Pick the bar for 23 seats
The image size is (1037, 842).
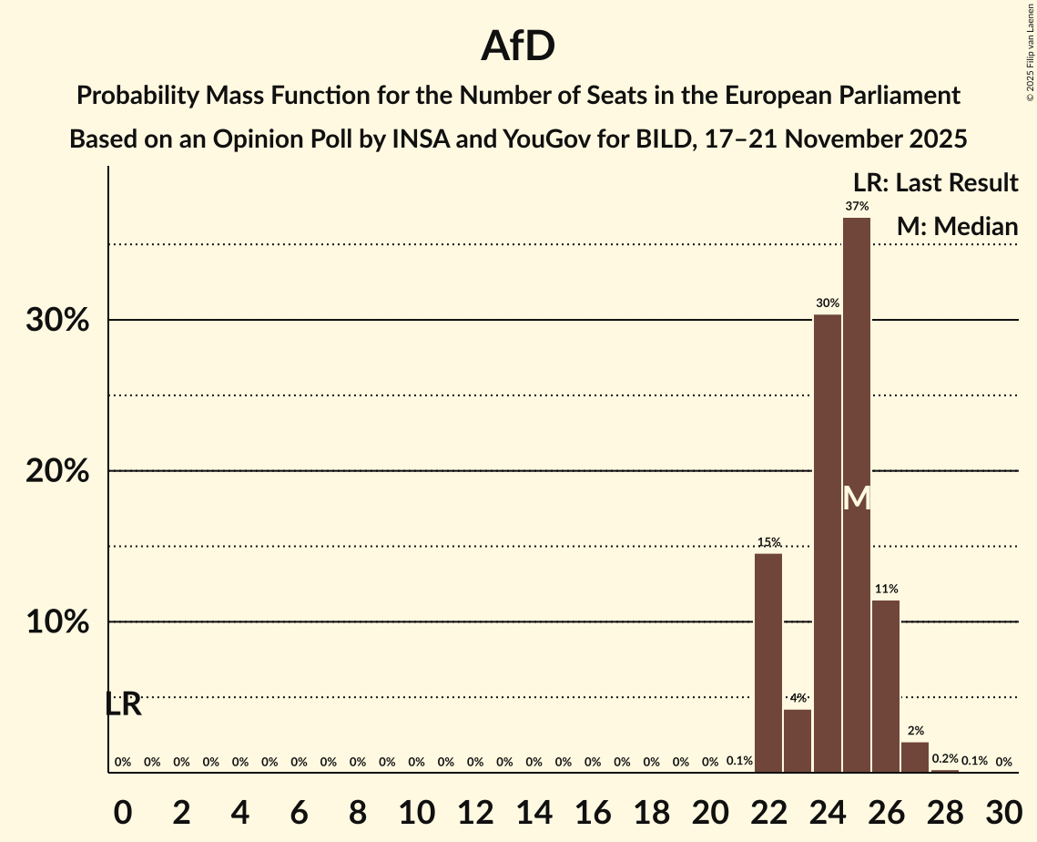[x=798, y=740]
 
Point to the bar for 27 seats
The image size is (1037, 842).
[x=915, y=756]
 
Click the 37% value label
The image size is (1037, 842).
[x=857, y=207]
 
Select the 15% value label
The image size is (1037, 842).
[x=768, y=542]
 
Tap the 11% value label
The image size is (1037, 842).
[x=886, y=589]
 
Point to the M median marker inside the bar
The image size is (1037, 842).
[x=857, y=498]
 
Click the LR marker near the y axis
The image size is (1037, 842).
[x=123, y=704]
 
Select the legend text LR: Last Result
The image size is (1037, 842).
[x=936, y=183]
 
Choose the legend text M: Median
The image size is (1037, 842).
[x=957, y=226]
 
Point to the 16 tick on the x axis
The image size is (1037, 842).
[x=593, y=809]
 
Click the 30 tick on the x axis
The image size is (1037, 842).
[x=1003, y=809]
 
